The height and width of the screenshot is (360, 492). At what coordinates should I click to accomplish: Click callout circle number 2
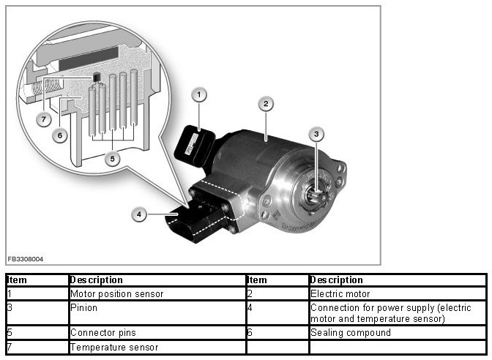click(x=266, y=104)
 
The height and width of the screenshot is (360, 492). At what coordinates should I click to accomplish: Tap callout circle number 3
click(x=316, y=134)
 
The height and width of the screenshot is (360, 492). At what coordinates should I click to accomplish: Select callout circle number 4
click(x=138, y=214)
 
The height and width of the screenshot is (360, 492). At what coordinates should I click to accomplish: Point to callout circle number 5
click(x=111, y=158)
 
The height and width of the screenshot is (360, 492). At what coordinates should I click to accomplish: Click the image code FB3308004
click(x=25, y=259)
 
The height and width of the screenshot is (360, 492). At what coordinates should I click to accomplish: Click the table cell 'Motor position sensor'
click(x=116, y=293)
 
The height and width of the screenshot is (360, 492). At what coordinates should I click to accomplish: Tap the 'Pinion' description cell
click(x=85, y=307)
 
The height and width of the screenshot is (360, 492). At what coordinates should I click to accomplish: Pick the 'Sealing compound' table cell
click(x=350, y=333)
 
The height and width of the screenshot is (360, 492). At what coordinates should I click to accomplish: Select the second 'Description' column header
click(x=336, y=280)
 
